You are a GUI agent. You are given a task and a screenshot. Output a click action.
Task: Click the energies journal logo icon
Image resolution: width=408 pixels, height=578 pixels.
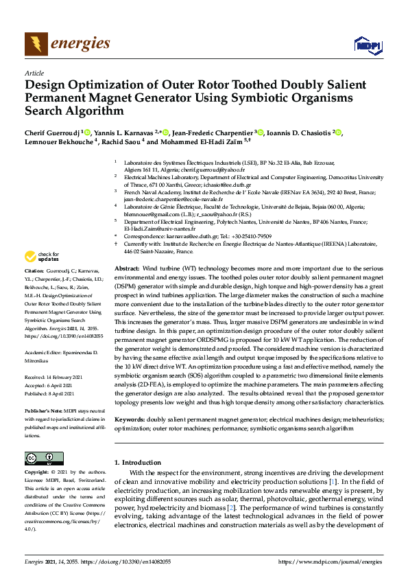coord(36,45)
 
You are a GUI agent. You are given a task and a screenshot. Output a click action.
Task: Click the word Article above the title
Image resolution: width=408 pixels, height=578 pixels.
coord(34,73)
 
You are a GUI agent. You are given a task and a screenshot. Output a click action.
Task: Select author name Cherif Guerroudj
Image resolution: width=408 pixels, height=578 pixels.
coord(52,132)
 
